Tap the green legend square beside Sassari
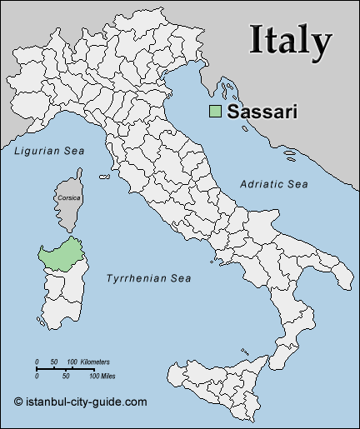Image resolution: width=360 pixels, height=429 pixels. tap(215, 111)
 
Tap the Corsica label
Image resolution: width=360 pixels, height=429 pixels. tap(69, 198)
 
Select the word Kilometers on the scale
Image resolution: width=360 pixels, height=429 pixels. tap(94, 362)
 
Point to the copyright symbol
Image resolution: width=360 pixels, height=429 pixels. tap(18, 402)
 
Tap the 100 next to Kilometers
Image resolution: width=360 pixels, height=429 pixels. tap(72, 362)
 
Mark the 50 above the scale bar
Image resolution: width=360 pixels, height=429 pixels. tap(54, 362)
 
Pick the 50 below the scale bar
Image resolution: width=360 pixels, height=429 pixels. tap(65, 376)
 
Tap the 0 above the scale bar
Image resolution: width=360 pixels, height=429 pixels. tap(37, 362)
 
